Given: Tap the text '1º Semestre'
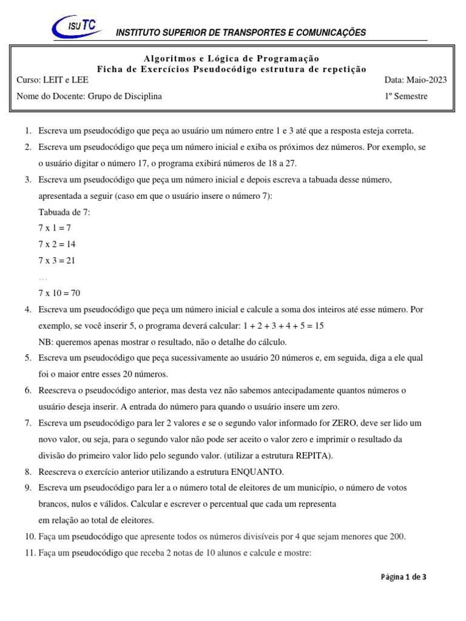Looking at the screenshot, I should pos(406,96).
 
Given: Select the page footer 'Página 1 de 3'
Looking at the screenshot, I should pos(404,577).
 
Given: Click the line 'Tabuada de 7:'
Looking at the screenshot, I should pos(64,212).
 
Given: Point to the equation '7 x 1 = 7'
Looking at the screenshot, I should pos(55,228).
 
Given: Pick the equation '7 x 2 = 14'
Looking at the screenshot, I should pos(57,244).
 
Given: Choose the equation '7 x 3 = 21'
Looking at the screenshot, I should pos(57,261).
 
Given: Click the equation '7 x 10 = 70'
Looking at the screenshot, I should pos(59,293).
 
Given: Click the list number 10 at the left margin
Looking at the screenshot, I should pos(29,536).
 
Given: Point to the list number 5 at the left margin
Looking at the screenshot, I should pos(29,358).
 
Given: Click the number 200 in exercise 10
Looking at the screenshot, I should pos(397,536).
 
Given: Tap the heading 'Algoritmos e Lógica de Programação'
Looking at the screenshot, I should pos(231,58).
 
